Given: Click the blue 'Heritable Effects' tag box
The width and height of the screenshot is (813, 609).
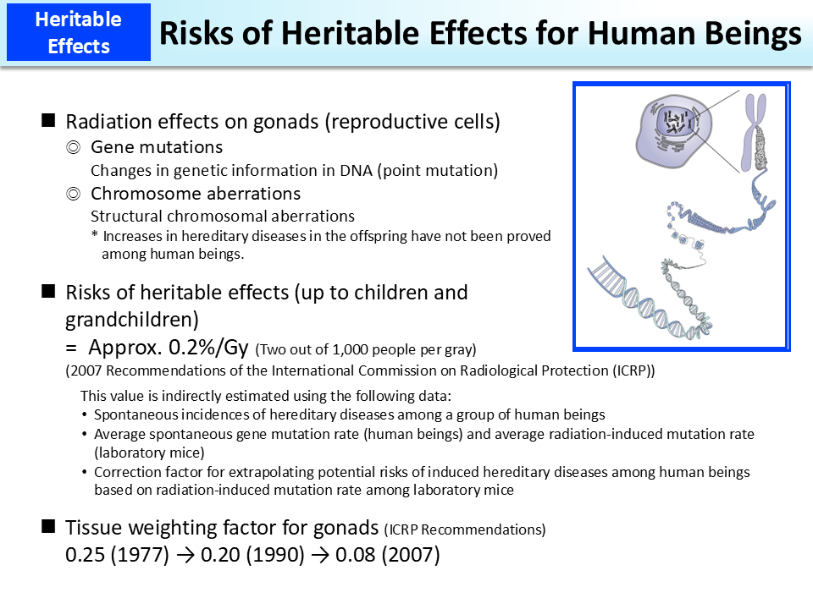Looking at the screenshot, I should (79, 33).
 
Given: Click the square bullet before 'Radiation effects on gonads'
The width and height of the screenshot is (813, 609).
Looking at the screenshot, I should (49, 121).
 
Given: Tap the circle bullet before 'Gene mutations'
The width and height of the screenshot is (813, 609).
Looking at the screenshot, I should (74, 147).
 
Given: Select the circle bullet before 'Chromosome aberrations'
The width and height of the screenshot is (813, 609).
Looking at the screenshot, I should (74, 194).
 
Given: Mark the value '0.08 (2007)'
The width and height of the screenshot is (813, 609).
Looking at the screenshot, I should (387, 557).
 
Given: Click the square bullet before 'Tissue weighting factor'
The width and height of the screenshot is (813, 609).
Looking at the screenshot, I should (49, 528).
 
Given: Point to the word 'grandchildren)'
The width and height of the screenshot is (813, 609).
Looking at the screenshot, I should (132, 321).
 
